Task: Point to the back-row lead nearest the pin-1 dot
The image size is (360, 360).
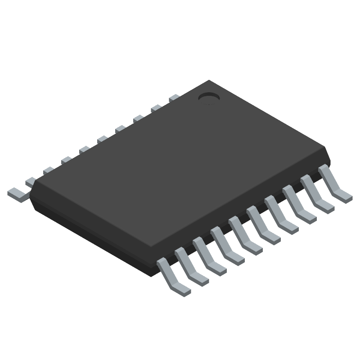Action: pyautogui.click(x=174, y=98)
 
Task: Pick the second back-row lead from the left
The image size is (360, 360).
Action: pyautogui.click(x=31, y=181)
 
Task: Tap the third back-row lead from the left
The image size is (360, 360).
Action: pyautogui.click(x=49, y=170)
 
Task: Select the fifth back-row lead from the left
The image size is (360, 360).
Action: pyautogui.click(x=84, y=149)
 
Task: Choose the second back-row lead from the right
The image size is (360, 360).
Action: pyautogui.click(x=156, y=108)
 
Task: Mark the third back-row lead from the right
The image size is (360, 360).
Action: pyautogui.click(x=138, y=118)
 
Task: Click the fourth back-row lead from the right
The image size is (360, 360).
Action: pyautogui.click(x=120, y=129)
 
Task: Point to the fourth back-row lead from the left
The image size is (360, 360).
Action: pyautogui.click(x=67, y=160)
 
